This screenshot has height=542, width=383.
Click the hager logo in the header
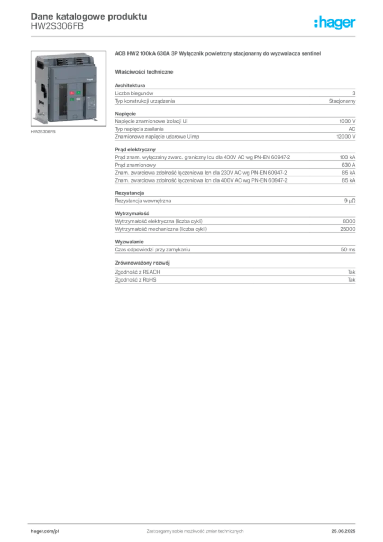[x=335, y=23]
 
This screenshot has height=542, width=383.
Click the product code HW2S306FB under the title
[x=57, y=26]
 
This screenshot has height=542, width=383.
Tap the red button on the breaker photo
[x=72, y=93]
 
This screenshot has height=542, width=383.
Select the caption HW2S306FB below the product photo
[x=43, y=132]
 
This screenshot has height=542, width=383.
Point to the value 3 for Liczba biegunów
[x=354, y=93]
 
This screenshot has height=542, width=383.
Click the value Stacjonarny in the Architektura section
[x=342, y=101]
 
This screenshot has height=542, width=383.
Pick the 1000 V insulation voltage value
[x=348, y=121]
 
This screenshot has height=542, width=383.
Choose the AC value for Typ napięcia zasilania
[x=352, y=129]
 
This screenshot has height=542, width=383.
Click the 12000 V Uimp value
[x=346, y=137]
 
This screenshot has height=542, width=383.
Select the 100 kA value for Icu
[x=348, y=157]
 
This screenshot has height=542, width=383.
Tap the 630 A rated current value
[x=349, y=165]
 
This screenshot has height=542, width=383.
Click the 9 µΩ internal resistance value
[x=350, y=201]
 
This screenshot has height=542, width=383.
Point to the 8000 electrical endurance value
[x=349, y=221]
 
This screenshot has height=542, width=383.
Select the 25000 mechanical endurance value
[x=348, y=229]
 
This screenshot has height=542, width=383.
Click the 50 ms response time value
[x=348, y=250]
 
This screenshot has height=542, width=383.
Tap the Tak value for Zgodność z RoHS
[x=352, y=279]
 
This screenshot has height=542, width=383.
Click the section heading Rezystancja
[x=130, y=193]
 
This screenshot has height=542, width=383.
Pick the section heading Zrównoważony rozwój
[x=142, y=263]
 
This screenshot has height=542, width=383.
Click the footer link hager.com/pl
[x=45, y=531]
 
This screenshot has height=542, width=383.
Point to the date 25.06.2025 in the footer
[x=343, y=531]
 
